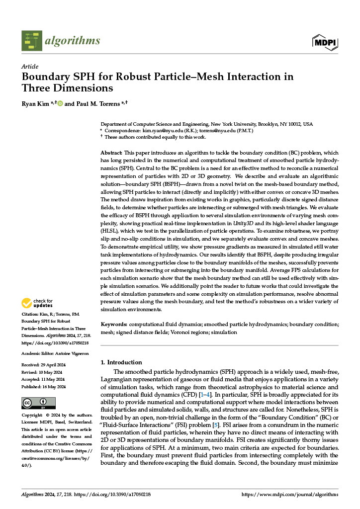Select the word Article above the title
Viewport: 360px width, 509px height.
click(x=30, y=66)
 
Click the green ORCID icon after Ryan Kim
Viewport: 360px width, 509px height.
click(x=60, y=103)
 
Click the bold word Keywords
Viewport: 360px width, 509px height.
click(x=114, y=324)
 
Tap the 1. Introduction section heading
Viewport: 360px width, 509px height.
click(x=121, y=362)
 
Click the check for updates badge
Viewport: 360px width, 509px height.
click(x=37, y=303)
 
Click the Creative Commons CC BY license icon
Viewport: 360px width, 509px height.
click(x=38, y=403)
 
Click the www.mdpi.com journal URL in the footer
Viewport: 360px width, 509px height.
click(x=289, y=495)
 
